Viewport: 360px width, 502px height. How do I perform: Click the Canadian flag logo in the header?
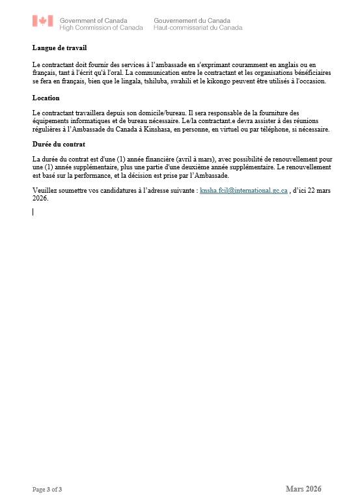point(43,21)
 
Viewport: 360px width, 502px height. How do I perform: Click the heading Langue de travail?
point(59,48)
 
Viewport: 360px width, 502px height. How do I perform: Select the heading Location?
point(46,98)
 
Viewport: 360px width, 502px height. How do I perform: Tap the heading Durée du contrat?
point(59,144)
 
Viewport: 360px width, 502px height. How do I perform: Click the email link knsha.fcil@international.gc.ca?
point(243,191)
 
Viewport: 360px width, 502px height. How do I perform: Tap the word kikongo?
point(269,81)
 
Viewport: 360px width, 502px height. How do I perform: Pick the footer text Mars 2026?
point(303,489)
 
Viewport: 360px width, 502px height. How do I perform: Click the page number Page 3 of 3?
point(48,489)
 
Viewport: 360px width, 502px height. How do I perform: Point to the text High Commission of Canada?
point(101,28)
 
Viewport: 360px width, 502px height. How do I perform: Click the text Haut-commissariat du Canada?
point(198,28)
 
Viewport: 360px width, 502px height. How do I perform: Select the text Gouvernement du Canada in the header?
point(192,21)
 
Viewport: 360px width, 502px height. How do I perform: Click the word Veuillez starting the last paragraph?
point(44,191)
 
